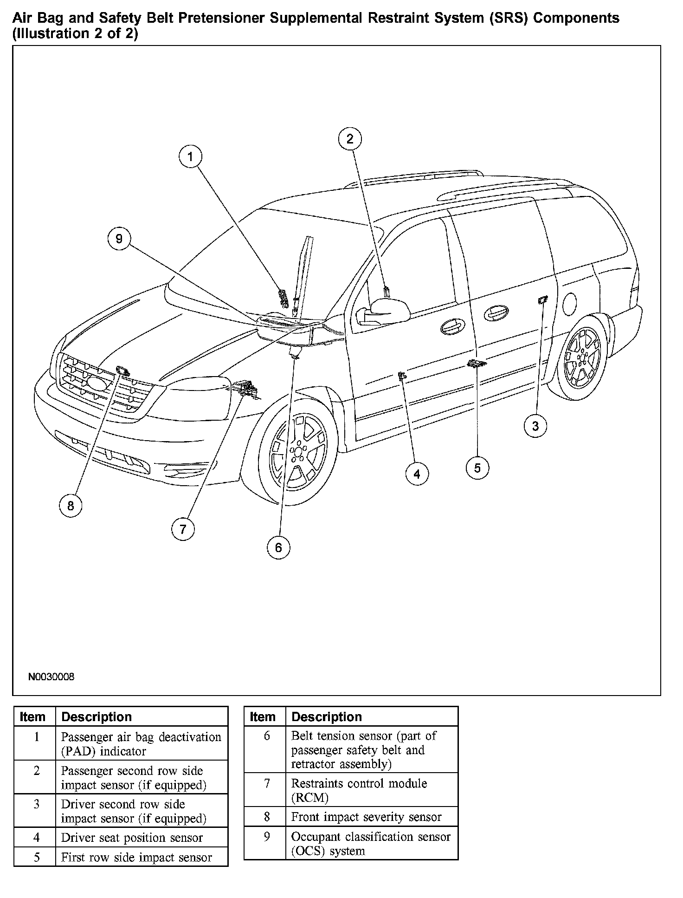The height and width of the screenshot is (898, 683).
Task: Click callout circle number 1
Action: pos(190,157)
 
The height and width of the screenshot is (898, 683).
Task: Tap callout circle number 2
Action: pos(350,138)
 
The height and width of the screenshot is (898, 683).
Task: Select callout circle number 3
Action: pos(535,426)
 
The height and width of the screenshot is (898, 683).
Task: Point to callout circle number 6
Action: pos(278,547)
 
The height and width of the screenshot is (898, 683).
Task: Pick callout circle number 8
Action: pos(71,505)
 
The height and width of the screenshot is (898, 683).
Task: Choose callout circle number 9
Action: pos(119,239)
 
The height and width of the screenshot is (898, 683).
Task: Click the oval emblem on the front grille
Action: pos(97,383)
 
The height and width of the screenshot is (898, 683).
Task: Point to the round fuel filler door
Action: pos(569,304)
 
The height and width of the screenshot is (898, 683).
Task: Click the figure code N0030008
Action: pos(51,677)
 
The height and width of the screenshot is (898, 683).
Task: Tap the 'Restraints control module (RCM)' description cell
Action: pos(371,790)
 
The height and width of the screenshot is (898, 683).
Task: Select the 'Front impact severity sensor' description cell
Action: pos(371,817)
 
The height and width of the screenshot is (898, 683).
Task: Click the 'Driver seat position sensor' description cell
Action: pos(142,838)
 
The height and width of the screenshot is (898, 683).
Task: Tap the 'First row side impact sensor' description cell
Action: pos(142,857)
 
